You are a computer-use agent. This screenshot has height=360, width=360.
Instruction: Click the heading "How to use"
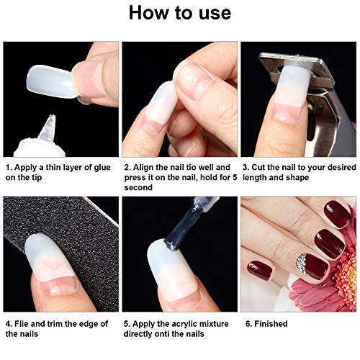[x=180, y=14]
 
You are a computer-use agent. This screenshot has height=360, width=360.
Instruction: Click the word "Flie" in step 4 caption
[x=26, y=323]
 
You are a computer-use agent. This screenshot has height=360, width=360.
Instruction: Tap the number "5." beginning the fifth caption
[x=128, y=323]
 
